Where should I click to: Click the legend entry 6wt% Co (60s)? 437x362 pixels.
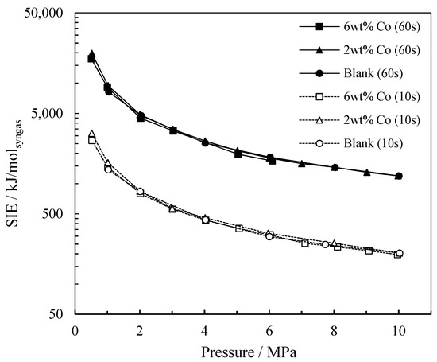click(x=381, y=27)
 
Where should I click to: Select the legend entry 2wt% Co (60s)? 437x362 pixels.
click(x=381, y=50)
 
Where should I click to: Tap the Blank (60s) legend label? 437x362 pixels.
click(x=373, y=73)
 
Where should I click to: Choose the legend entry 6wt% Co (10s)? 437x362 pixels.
click(x=381, y=97)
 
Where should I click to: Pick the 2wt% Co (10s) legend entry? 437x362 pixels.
click(x=381, y=120)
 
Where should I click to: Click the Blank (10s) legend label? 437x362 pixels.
click(x=373, y=143)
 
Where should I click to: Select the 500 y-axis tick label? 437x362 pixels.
click(x=55, y=214)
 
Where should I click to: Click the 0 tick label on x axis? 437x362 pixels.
click(x=75, y=331)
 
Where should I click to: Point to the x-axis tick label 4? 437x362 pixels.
click(x=205, y=331)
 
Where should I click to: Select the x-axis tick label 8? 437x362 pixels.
click(x=334, y=331)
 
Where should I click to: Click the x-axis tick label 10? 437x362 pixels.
click(x=399, y=331)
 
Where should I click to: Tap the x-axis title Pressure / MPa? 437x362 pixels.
click(x=249, y=352)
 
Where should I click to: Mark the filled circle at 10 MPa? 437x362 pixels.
click(x=399, y=176)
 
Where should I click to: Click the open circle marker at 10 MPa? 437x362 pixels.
click(x=400, y=253)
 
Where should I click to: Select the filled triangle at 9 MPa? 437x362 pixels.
click(x=367, y=172)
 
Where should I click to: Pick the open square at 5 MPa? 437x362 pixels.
click(x=239, y=228)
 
